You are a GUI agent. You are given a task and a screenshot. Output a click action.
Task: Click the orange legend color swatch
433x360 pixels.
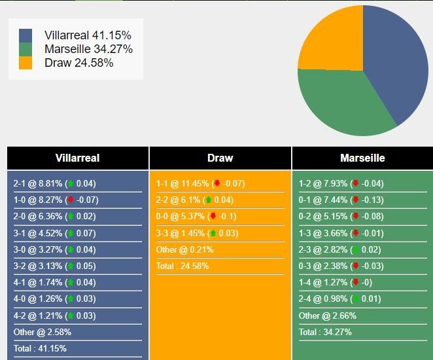26,63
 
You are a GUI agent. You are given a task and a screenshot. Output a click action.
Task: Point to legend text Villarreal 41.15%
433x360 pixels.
88,35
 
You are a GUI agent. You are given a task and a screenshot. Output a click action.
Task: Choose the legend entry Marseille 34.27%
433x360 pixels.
88,49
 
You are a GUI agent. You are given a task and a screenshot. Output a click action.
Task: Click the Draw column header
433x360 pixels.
220,158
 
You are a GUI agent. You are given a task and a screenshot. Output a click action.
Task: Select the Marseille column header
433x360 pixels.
362,158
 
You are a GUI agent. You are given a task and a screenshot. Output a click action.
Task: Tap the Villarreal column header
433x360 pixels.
78,158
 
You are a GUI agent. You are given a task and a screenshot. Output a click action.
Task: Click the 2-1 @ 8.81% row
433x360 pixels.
55,183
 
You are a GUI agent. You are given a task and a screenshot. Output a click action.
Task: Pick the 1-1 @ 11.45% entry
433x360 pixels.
201,183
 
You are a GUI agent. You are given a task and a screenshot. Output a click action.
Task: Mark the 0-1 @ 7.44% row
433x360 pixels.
341,200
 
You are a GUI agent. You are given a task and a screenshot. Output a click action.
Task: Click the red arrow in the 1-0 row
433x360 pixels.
71,199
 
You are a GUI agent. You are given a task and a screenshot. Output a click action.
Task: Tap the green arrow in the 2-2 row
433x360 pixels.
209,199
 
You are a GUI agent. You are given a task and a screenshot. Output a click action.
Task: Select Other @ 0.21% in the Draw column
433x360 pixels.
184,250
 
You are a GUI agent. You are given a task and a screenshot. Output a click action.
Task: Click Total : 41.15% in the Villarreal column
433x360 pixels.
40,348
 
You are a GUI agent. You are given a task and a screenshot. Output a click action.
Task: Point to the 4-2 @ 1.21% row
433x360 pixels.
55,315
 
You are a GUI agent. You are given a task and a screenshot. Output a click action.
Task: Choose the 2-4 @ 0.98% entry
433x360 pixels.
339,298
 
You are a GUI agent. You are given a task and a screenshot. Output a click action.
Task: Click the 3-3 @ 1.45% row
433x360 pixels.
197,233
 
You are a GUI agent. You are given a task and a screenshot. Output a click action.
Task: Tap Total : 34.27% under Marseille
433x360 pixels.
325,332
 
